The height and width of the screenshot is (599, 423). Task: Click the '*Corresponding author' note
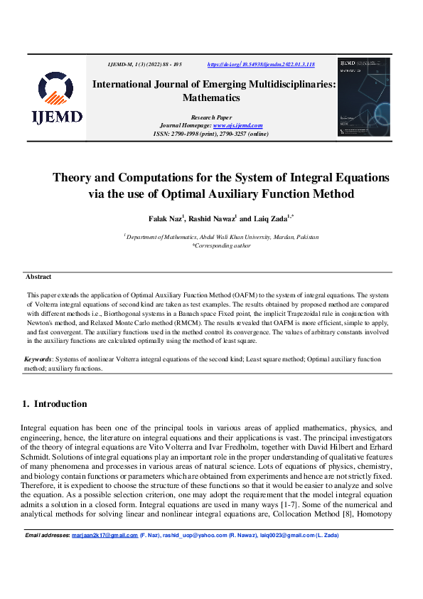[x=221, y=245]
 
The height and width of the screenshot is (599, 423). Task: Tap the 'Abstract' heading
[x=38, y=277]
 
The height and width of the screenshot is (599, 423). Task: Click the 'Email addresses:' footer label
[x=48, y=555]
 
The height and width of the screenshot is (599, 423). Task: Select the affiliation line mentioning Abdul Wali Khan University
[x=222, y=236]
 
